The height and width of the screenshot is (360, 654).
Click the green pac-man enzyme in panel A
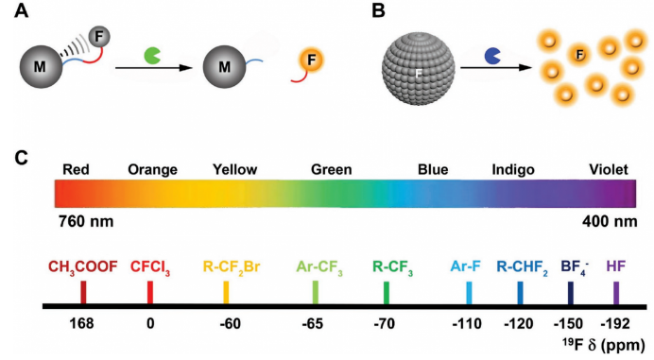click(152, 56)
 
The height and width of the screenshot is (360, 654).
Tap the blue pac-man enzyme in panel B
click(492, 57)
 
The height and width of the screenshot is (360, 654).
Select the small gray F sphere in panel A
click(99, 37)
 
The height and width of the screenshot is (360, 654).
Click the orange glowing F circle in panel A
click(311, 60)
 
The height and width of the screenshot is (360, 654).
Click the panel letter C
click(21, 158)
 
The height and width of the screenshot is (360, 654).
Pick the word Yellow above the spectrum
click(234, 170)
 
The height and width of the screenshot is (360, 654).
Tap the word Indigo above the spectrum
click(513, 170)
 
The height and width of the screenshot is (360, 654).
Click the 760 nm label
click(86, 221)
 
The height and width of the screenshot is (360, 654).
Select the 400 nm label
click(610, 221)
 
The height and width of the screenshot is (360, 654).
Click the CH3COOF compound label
click(83, 267)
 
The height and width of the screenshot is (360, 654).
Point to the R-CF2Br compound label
click(232, 267)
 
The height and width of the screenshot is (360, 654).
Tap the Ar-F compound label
click(466, 266)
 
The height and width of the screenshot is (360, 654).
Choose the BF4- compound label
click(575, 267)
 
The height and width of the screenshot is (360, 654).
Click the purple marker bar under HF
click(616, 293)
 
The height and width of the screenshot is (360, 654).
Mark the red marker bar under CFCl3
click(150, 292)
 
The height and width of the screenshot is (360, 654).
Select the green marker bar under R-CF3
click(387, 293)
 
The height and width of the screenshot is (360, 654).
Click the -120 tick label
click(519, 324)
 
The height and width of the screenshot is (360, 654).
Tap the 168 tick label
click(81, 324)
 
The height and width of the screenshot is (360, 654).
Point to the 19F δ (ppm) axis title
click(603, 345)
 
